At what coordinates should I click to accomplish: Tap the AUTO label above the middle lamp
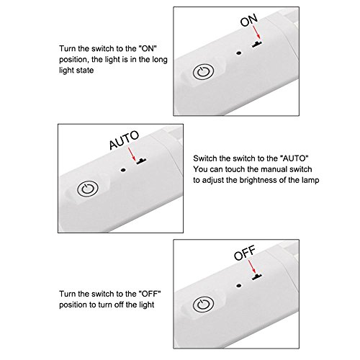pos(124,140)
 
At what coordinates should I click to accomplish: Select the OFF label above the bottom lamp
pos(245,253)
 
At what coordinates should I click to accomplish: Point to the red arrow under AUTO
pos(132,154)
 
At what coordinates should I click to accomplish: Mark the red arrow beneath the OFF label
pos(252,266)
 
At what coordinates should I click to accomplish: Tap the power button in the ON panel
pos(203,72)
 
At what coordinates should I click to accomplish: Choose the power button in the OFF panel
pos(203,305)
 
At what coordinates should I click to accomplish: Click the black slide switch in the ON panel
pos(257,44)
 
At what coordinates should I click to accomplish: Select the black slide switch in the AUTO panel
pos(141,161)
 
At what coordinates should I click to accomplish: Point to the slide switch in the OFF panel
pos(257,276)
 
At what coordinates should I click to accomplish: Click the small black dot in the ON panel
pos(238,53)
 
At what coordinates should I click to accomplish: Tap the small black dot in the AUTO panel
pos(123,170)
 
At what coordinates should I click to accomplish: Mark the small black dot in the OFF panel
pos(238,286)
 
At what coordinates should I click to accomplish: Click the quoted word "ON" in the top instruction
pos(148,48)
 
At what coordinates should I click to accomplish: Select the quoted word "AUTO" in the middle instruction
pos(294,158)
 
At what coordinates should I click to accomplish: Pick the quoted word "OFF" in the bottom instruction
pos(150,294)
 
